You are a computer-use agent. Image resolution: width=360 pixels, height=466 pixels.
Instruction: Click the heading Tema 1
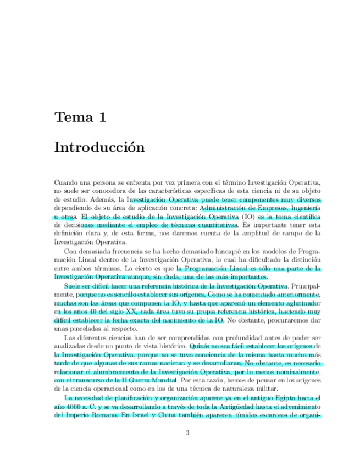click(80, 117)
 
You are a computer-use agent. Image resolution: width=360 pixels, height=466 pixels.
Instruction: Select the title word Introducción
click(99, 148)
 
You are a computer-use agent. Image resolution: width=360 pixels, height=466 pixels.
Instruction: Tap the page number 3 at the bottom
click(187, 432)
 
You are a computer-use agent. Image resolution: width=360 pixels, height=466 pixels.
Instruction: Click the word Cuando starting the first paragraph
click(67, 182)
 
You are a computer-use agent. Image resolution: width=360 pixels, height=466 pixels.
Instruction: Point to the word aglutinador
click(297, 303)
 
